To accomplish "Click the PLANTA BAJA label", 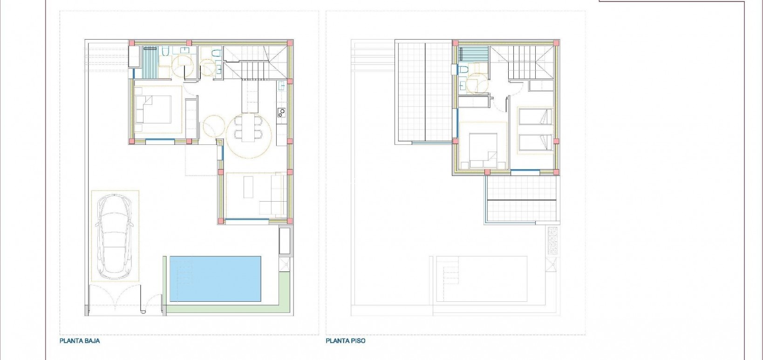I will point(80,341).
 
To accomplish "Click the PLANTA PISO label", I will point(345,341).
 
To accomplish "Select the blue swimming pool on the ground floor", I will point(215,278).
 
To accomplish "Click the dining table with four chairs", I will point(249,129).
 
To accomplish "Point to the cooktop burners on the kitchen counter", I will point(281,112).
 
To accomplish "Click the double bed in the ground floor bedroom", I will point(154,109).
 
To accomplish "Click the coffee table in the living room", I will point(247,187).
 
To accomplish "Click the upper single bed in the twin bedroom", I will point(535,116).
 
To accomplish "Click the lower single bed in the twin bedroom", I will point(535,143).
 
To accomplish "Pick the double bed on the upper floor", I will point(483,150).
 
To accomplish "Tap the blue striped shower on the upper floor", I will point(473,54).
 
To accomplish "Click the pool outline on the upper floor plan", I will point(480,278).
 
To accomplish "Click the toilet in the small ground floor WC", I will point(216,54).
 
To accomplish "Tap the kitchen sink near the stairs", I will point(281,86).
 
